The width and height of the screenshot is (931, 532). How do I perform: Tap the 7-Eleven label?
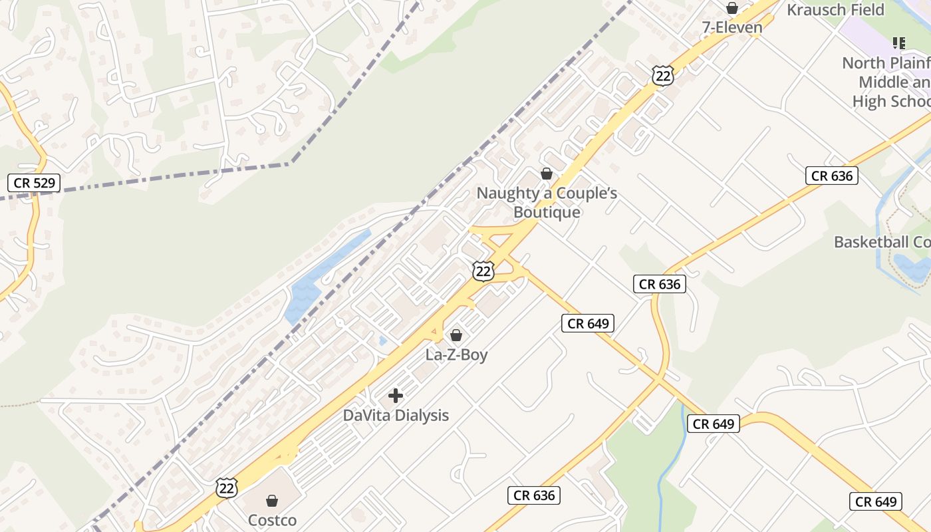pos(732,27)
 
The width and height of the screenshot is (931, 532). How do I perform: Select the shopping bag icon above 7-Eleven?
pos(732,8)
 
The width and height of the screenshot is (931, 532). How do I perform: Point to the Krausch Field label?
pos(835,10)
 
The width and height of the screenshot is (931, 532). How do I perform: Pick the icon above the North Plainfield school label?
pos(899,44)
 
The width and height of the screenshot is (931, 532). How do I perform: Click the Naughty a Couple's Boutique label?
pos(547,203)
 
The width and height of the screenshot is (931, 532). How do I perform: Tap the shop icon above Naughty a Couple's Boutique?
pos(547,174)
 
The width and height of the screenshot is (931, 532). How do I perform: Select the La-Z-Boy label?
pos(456,354)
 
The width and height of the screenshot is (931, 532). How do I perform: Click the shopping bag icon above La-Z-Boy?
pos(456,335)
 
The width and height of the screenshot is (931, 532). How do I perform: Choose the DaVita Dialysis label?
pos(396,416)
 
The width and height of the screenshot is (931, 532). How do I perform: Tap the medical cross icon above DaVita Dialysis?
pos(396,396)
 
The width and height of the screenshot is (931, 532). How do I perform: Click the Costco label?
pos(272,520)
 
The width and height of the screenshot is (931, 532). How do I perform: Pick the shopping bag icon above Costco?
pos(272,501)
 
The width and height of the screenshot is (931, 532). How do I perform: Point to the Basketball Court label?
pos(882,242)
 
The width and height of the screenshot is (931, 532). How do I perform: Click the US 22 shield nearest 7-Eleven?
pos(663,75)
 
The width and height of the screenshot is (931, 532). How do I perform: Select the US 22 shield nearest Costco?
pos(227,487)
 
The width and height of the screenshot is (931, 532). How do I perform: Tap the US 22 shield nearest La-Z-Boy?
pos(484,271)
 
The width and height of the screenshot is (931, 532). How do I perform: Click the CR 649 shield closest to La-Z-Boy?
pos(588,324)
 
